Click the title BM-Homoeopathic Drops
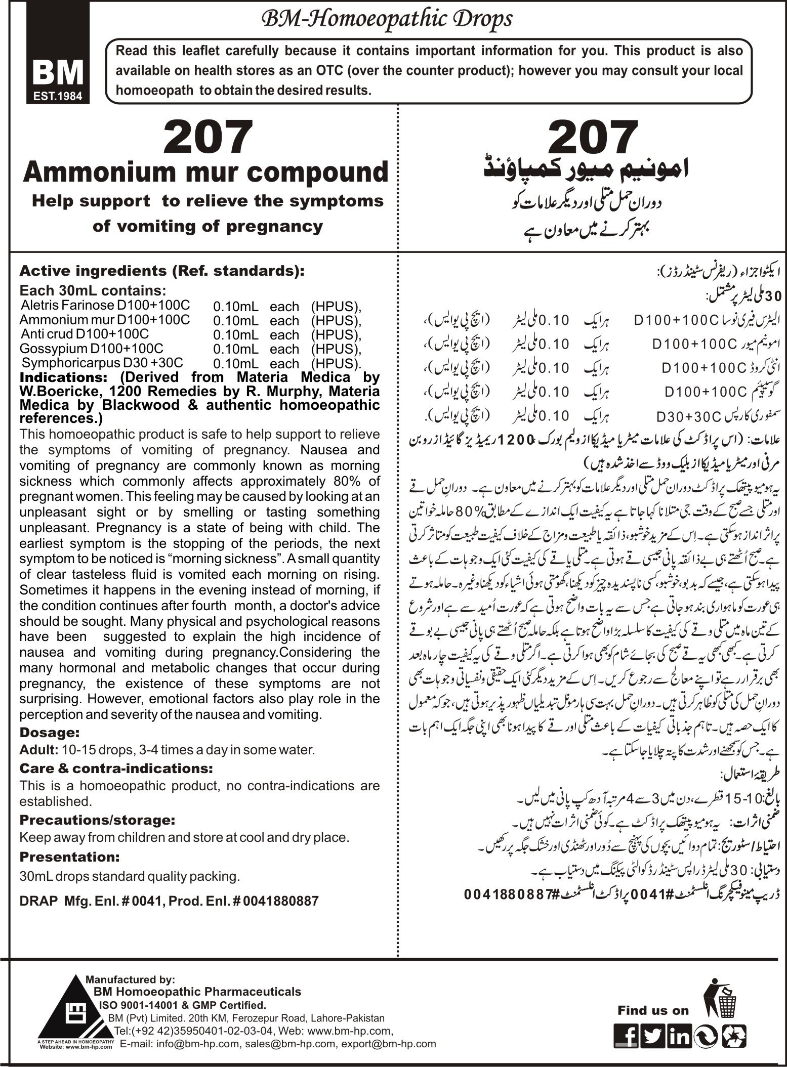click(386, 19)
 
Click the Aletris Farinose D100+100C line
click(105, 306)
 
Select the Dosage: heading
click(49, 732)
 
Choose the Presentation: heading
click(69, 857)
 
